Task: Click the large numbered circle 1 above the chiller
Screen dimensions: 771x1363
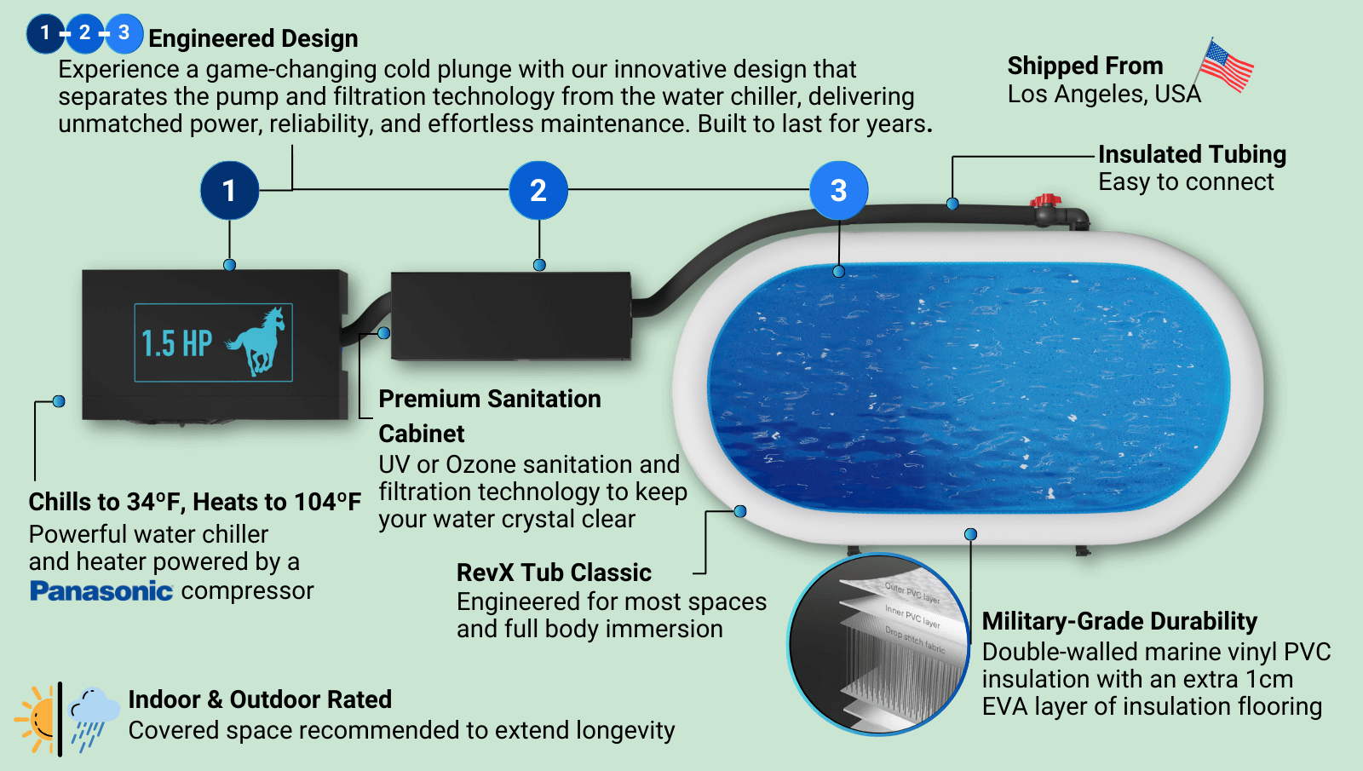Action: click(229, 190)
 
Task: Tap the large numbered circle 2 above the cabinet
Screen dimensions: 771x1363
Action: click(538, 190)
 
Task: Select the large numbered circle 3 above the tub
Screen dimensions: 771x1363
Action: click(838, 190)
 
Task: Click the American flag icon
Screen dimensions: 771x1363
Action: click(1226, 66)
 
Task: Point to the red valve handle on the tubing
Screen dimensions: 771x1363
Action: click(1045, 201)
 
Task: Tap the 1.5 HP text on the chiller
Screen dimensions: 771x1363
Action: click(176, 343)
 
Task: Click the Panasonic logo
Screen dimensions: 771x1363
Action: click(101, 590)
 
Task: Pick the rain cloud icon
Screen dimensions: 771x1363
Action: click(93, 716)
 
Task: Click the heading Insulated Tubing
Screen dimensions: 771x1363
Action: click(1191, 154)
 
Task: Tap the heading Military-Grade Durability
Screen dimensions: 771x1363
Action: click(1119, 621)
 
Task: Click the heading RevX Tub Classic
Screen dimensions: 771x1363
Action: click(554, 572)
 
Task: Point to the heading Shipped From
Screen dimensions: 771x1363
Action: click(1084, 66)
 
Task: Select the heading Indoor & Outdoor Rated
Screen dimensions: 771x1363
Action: click(260, 699)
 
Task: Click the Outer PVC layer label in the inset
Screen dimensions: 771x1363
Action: click(912, 593)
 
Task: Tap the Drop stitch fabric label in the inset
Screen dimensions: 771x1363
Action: click(914, 640)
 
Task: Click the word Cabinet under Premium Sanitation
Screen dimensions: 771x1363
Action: click(422, 434)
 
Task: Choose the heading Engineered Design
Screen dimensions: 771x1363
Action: click(253, 38)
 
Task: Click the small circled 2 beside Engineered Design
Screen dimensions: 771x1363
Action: click(84, 33)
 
